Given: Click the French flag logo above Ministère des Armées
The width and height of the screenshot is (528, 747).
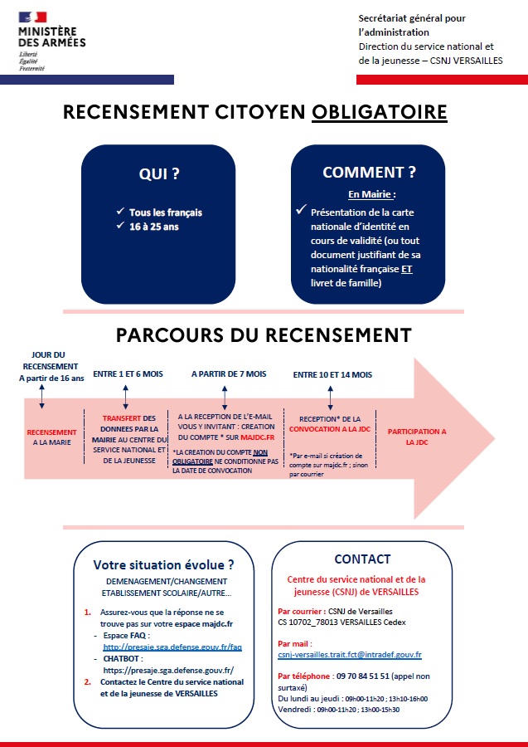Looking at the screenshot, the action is coord(33,17).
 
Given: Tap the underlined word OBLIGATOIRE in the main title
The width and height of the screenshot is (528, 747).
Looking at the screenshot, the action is coord(379,112).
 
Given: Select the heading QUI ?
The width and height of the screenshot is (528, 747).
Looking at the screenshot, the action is coord(159,174).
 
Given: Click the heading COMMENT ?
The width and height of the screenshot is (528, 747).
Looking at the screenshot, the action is coord(369,173).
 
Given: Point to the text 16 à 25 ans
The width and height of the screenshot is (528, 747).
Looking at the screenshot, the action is coord(153,227).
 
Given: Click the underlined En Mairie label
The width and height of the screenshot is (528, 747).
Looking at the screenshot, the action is coord(370,194).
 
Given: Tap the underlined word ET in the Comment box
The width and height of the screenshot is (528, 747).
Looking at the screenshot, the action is coord(407,269).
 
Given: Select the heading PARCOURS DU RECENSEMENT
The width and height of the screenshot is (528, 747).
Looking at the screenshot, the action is coord(264,335).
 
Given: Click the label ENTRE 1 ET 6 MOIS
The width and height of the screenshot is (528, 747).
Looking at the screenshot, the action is coord(128,374).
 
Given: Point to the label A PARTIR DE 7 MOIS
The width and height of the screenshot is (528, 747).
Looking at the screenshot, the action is coord(229,374).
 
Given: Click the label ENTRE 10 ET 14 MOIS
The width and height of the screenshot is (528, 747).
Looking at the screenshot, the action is coord(332,375).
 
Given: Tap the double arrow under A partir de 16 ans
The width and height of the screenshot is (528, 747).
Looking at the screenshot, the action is coord(42,397).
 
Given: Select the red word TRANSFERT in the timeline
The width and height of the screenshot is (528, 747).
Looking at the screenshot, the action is coord(122,418).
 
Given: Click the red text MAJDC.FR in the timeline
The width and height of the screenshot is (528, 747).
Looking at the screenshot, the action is coord(257,437).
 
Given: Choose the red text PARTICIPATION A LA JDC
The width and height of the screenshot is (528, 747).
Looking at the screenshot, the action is coord(417,437).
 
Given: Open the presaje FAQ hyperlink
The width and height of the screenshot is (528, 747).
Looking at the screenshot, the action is coord(172,647).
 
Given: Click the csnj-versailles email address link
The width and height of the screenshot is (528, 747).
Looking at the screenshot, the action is coord(350,655).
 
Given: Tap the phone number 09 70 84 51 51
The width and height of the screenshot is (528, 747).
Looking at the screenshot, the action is coord(363,676).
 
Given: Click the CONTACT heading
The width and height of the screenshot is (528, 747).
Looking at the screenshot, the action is coord(362,559).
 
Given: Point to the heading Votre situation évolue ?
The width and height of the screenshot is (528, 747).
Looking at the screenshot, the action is coord(163,565).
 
